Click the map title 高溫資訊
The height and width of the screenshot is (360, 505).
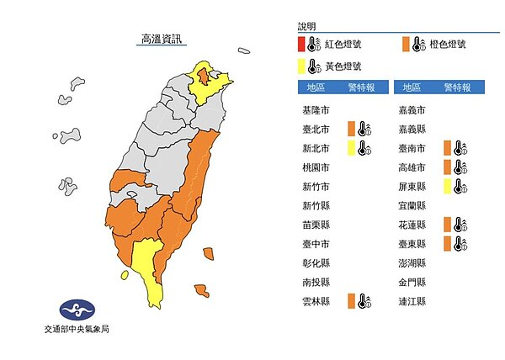point(160,40)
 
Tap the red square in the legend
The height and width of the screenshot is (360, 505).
point(300,45)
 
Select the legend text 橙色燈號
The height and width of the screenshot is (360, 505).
point(449,45)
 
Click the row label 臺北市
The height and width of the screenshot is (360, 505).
point(315,129)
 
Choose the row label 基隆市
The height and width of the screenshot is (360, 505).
point(315,110)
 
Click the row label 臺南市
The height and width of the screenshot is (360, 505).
point(411,148)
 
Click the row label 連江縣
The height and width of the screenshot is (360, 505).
point(411,300)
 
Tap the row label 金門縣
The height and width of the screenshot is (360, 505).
point(411,281)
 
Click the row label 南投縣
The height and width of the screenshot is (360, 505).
point(315,281)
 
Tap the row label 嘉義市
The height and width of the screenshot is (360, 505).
point(411,110)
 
